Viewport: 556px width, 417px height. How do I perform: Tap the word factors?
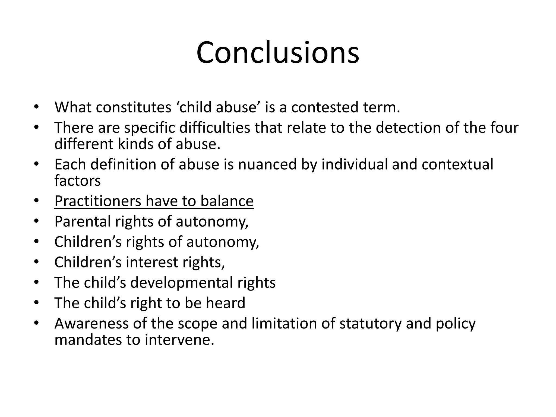pos(77,181)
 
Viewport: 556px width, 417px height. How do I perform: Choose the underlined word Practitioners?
pos(98,201)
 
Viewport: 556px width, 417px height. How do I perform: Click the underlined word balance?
pos(227,201)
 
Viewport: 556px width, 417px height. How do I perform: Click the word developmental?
pos(181,283)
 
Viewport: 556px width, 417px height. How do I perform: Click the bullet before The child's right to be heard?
pos(37,303)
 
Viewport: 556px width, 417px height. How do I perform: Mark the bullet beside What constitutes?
pos(37,107)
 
